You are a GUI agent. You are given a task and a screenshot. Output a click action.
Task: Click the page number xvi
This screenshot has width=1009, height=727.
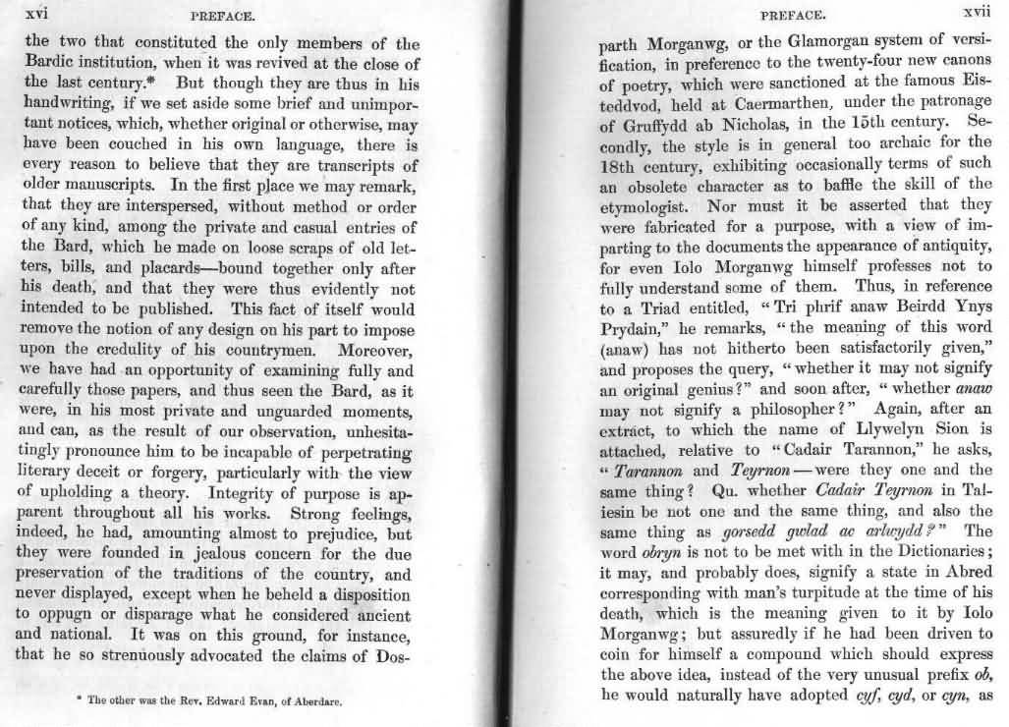coord(36,15)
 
